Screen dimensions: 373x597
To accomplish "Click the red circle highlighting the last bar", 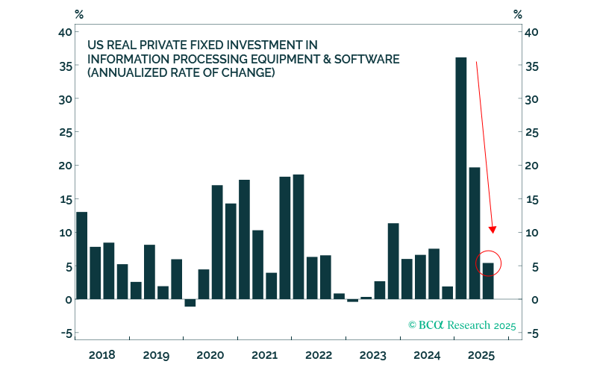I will coord(488,263).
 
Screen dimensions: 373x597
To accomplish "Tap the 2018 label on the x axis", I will coord(101,354).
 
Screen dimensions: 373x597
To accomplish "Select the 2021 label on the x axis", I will coord(264,354).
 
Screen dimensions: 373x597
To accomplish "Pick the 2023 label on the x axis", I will coord(372,354).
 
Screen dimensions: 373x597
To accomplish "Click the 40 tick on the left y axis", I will coord(65,32).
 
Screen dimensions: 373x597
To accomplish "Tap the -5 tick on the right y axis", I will coord(532,333).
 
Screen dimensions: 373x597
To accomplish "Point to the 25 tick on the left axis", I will coord(65,132).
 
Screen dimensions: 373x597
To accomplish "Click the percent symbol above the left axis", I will coord(80,13).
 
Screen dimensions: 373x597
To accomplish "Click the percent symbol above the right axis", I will coord(517,13).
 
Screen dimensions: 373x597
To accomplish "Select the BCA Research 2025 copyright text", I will coord(462,325).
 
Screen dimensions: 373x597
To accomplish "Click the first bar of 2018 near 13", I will coord(81,255).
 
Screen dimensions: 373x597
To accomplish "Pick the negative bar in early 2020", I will coord(190,303).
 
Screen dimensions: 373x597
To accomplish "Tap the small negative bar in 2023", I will coord(352,301).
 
